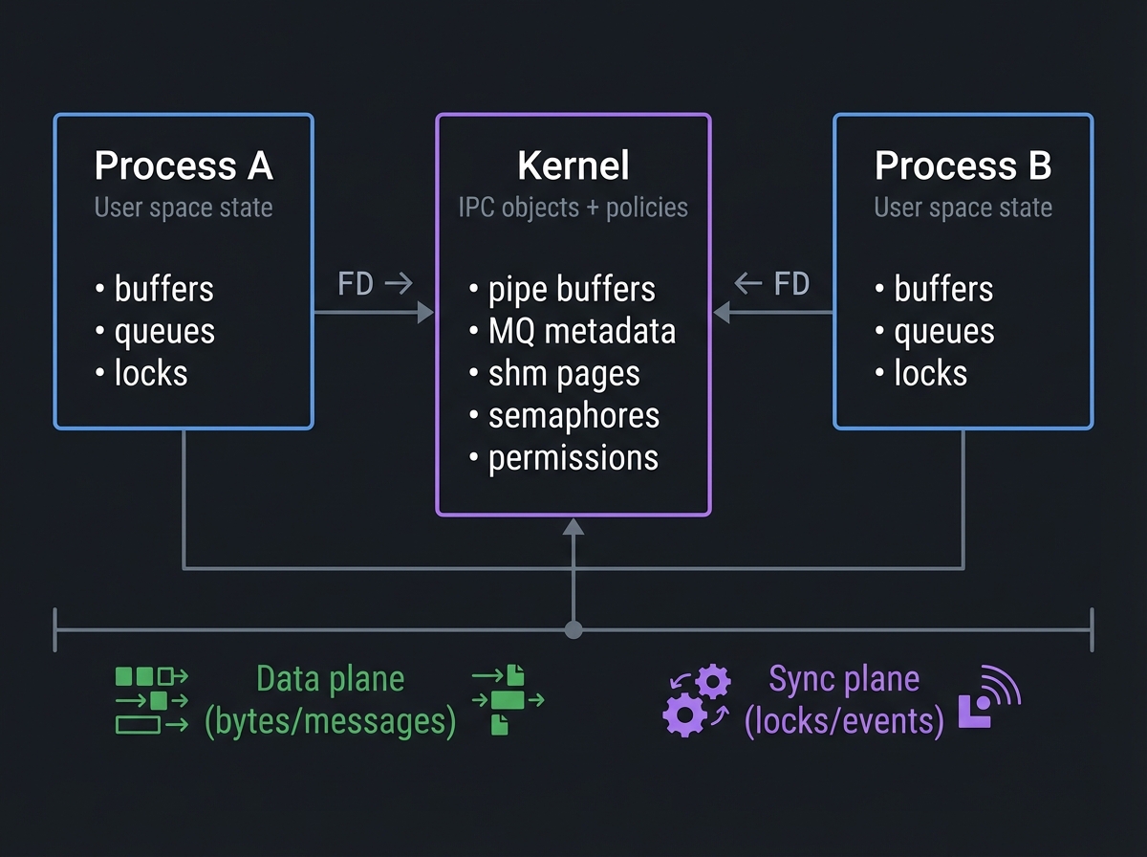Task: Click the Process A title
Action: pyautogui.click(x=184, y=166)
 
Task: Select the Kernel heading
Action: pyautogui.click(x=573, y=166)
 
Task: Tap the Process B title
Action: pyautogui.click(x=963, y=166)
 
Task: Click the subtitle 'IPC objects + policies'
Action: pyautogui.click(x=573, y=208)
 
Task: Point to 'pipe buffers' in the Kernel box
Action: pyautogui.click(x=572, y=289)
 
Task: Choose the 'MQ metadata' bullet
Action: pyautogui.click(x=581, y=331)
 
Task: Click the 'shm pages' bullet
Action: pyautogui.click(x=564, y=373)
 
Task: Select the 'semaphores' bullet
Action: pyautogui.click(x=573, y=415)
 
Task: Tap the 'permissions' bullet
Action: pyautogui.click(x=573, y=457)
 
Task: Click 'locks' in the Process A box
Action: pyautogui.click(x=151, y=373)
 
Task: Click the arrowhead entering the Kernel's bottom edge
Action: pyautogui.click(x=573, y=526)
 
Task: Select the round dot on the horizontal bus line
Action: pyautogui.click(x=573, y=629)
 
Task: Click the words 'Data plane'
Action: pyautogui.click(x=331, y=679)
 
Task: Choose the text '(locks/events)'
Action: pyautogui.click(x=844, y=720)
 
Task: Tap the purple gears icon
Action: pyautogui.click(x=698, y=700)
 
